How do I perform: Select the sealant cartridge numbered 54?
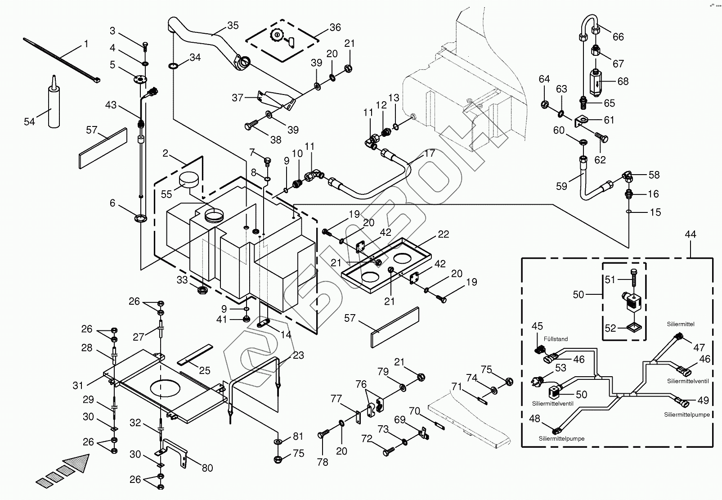(x=54, y=106)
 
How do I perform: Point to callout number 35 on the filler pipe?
(x=233, y=26)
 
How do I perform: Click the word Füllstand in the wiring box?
(x=556, y=339)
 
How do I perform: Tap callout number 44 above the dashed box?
(x=690, y=234)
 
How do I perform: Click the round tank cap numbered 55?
(x=188, y=180)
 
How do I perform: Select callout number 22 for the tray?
(x=443, y=234)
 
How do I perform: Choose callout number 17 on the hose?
(x=430, y=153)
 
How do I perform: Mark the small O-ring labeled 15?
(x=630, y=211)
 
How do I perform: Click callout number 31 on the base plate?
(x=78, y=385)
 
